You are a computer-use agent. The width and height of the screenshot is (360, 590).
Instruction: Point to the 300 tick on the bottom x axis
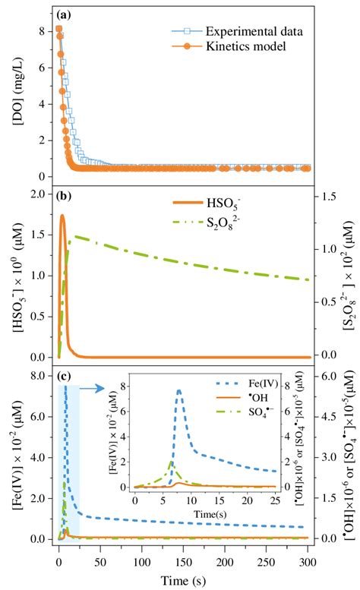coord(308,561)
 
